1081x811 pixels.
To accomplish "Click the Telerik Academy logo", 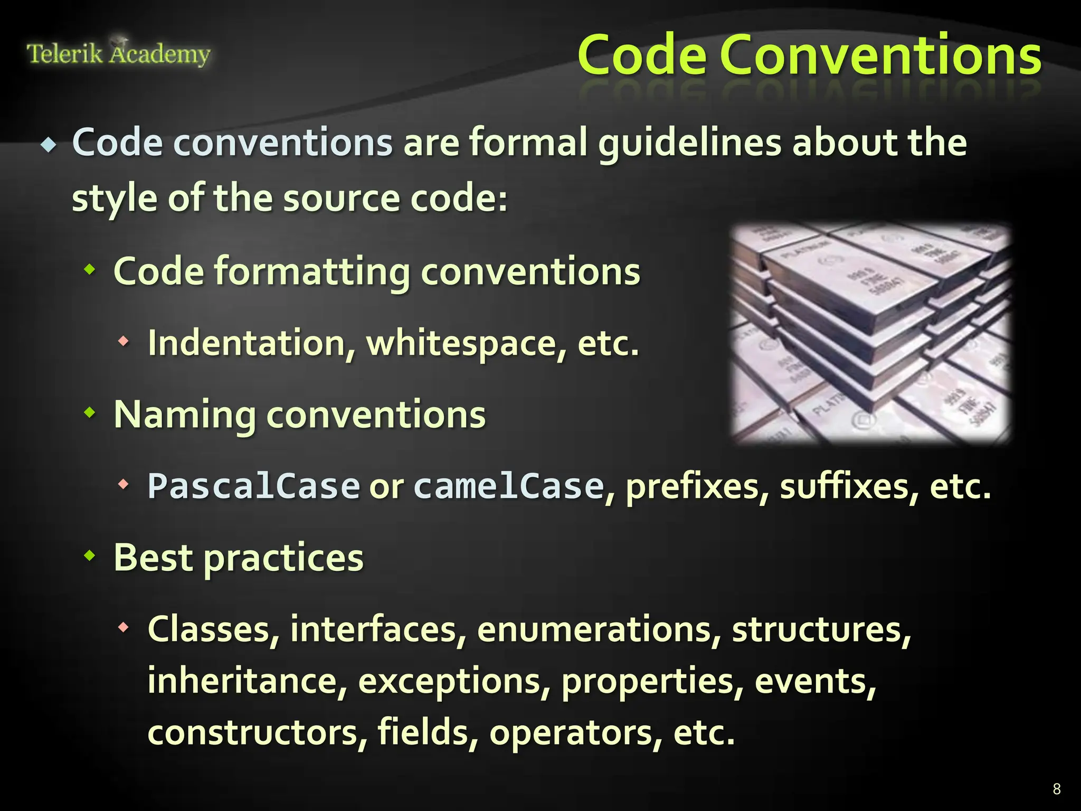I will coord(118,53).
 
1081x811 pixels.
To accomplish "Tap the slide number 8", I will coord(1056,789).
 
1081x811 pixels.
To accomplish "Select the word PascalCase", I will coord(253,486).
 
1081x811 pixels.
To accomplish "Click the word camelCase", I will coord(508,486).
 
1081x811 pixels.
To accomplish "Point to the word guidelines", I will coord(689,144).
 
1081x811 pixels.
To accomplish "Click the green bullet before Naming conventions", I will coord(90,412).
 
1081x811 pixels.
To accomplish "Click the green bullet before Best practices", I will coord(90,555).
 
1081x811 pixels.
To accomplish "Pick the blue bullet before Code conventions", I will coord(49,145).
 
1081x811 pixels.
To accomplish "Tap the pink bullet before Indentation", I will coord(124,342).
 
